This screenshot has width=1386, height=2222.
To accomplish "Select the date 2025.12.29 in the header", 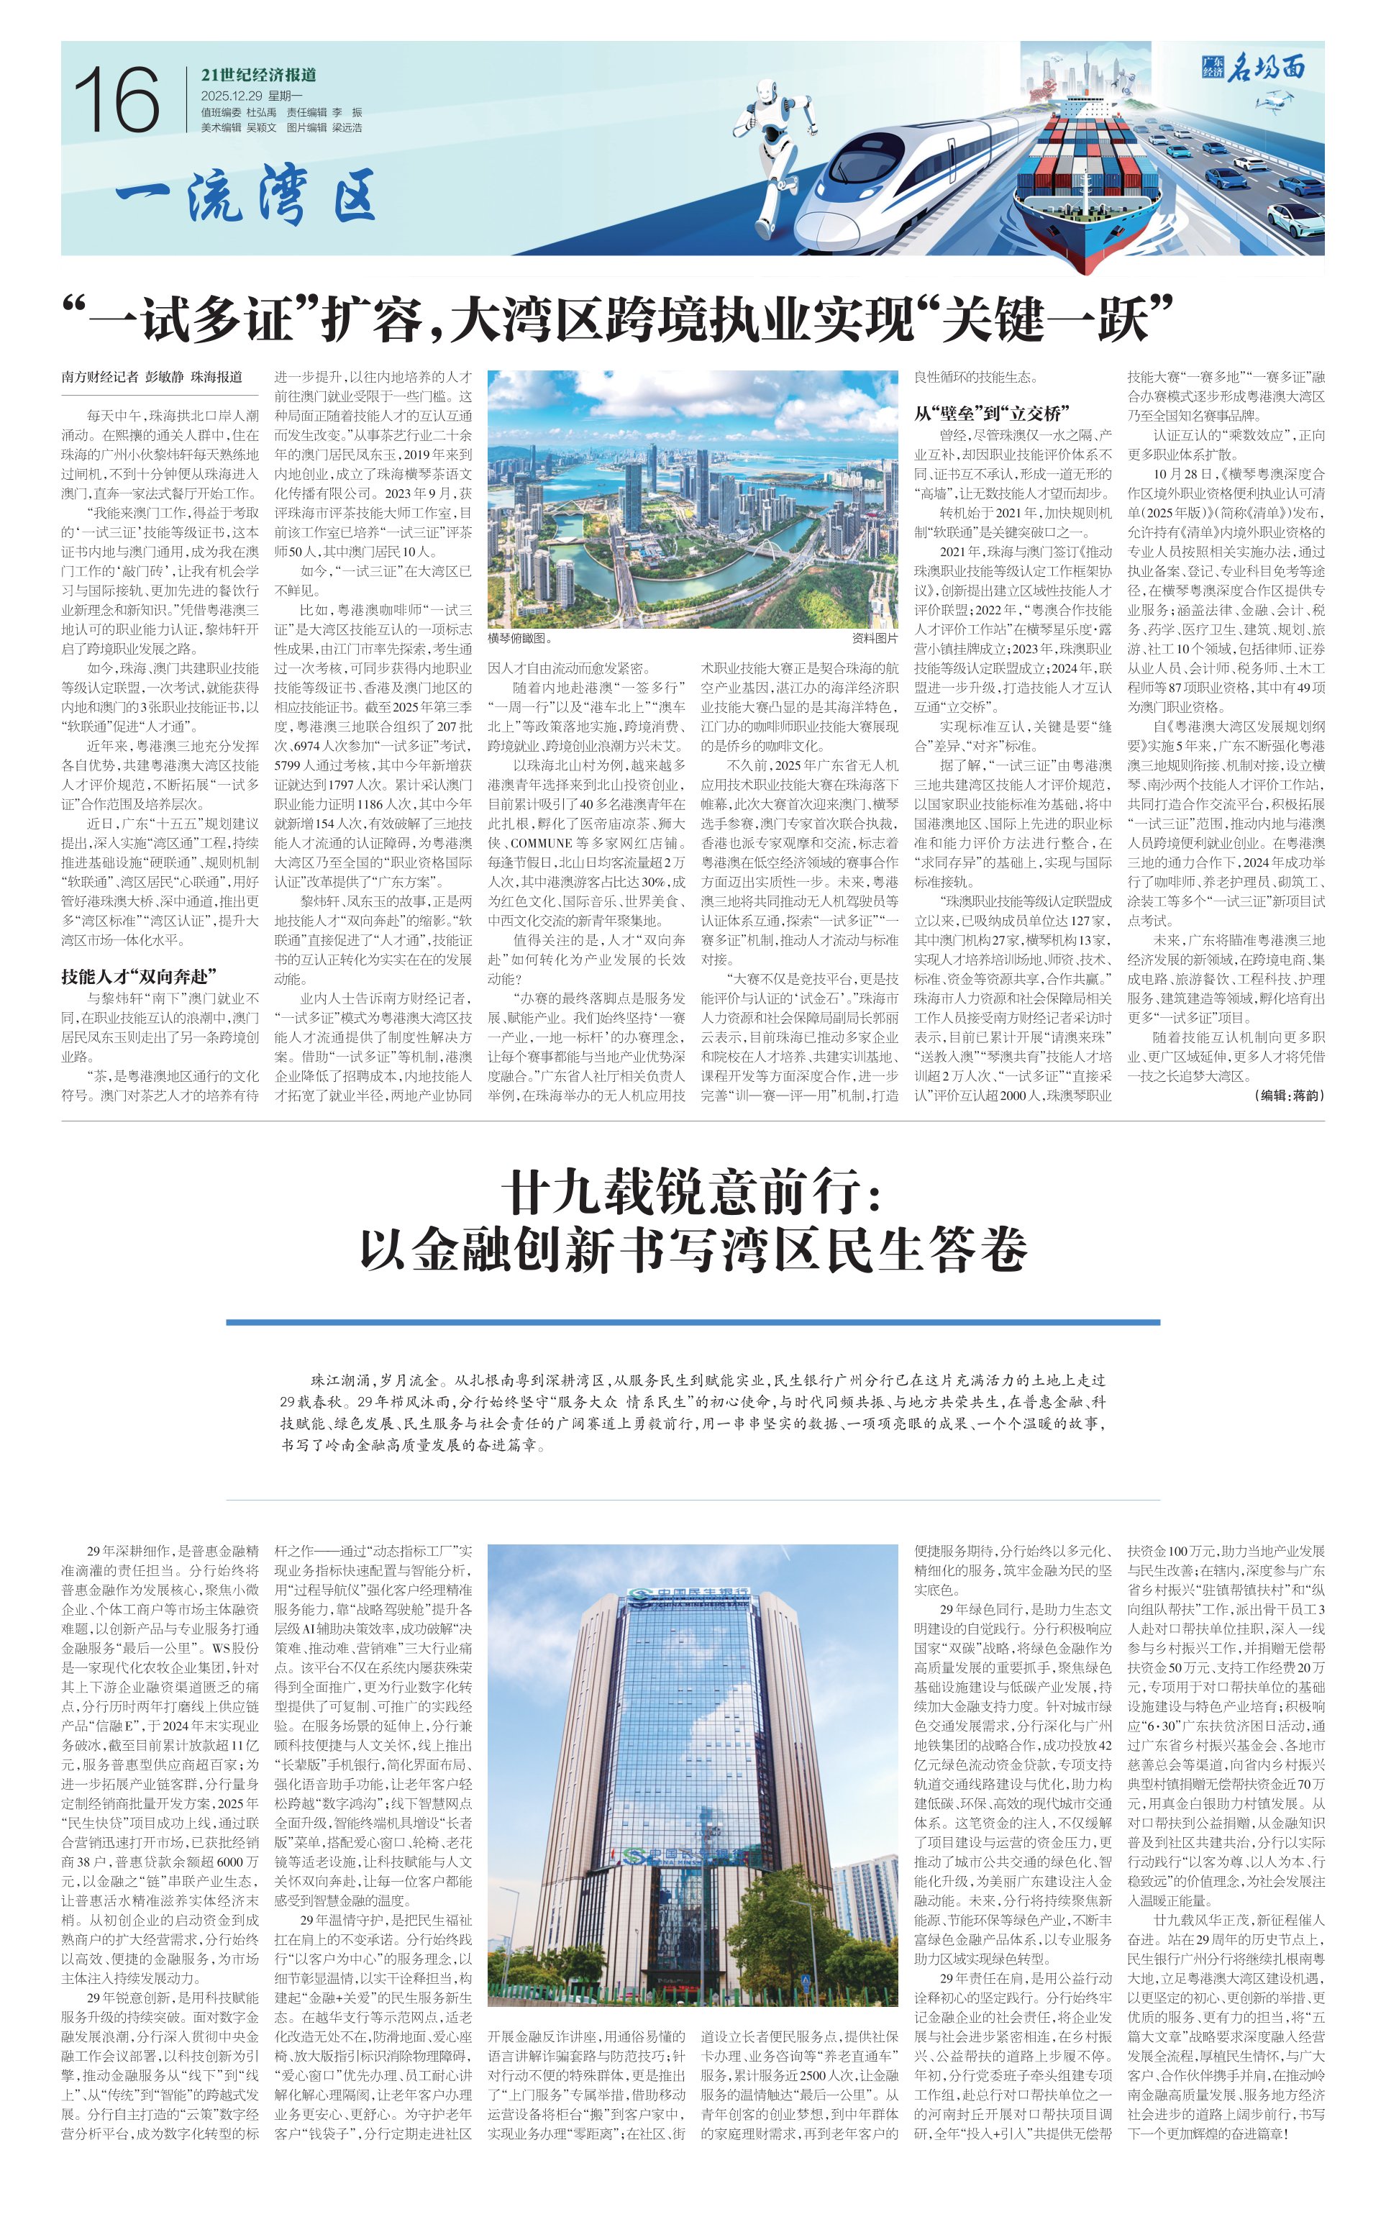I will pos(231,96).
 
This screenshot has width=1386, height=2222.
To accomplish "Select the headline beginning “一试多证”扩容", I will pos(617,319).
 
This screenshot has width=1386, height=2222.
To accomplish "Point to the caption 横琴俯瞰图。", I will pos(520,638).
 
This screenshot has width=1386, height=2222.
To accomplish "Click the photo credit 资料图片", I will pos(875,638).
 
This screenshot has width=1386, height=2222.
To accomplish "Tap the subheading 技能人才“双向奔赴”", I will pos(138,977).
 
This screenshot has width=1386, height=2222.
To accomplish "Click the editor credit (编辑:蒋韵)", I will pos(1288,1096).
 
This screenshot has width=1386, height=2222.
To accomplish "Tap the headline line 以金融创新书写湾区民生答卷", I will pos(692,1250).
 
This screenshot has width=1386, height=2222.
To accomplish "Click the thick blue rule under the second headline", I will pos(692,1323).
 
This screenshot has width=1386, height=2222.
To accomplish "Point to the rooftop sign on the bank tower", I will pos(690,1593).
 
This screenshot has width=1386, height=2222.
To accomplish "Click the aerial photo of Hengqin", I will pos(692,500).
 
